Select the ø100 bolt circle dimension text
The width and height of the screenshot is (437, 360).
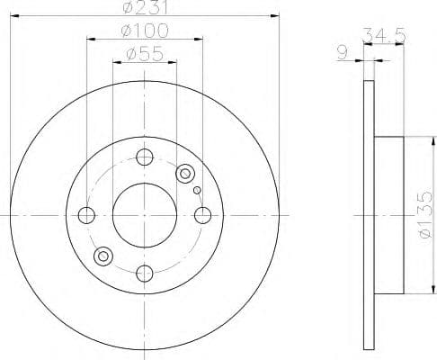pos(145,32)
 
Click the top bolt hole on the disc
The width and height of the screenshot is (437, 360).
pos(145,157)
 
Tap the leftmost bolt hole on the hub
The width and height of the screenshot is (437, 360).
pos(87,215)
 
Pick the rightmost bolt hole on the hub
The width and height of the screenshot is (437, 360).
pos(202,215)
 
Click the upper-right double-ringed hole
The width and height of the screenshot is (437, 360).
pos(186,173)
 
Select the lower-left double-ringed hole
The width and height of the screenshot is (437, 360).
pos(103,257)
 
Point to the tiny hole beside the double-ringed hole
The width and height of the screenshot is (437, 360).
pos(197,190)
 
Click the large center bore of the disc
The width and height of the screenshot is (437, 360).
pos(145,215)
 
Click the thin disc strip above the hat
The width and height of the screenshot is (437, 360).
pos(368,108)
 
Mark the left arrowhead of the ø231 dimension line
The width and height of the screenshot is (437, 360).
pos(13,21)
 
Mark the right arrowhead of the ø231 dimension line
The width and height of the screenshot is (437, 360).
pos(276,21)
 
